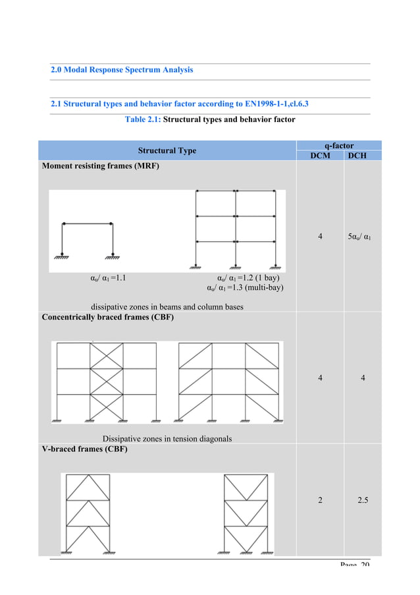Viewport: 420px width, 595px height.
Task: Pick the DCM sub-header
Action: point(320,156)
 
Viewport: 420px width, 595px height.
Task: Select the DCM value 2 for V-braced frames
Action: point(320,500)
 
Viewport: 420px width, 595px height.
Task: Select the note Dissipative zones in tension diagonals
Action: point(167,438)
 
